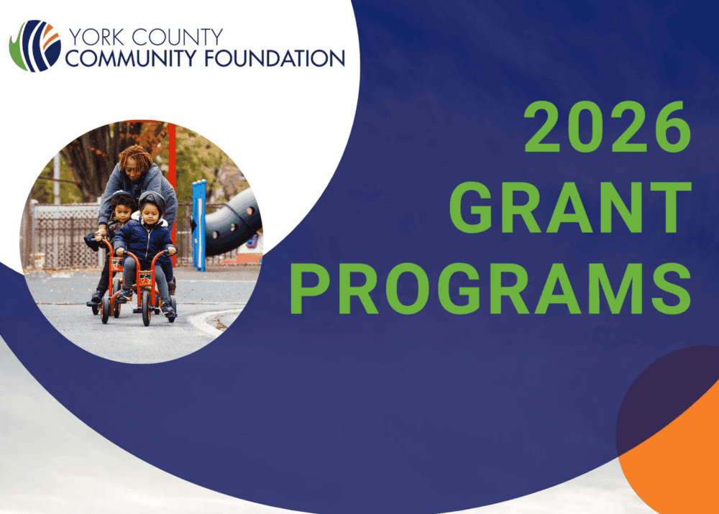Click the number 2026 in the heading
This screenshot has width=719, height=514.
608,127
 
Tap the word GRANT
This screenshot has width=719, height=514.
570,207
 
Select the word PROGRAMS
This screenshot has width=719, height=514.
490,288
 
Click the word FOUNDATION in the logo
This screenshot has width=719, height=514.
274,58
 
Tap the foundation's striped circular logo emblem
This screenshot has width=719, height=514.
35,46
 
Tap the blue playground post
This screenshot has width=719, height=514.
198,225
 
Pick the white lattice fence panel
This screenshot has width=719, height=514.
64,236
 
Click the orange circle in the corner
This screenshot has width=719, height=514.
674,459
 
